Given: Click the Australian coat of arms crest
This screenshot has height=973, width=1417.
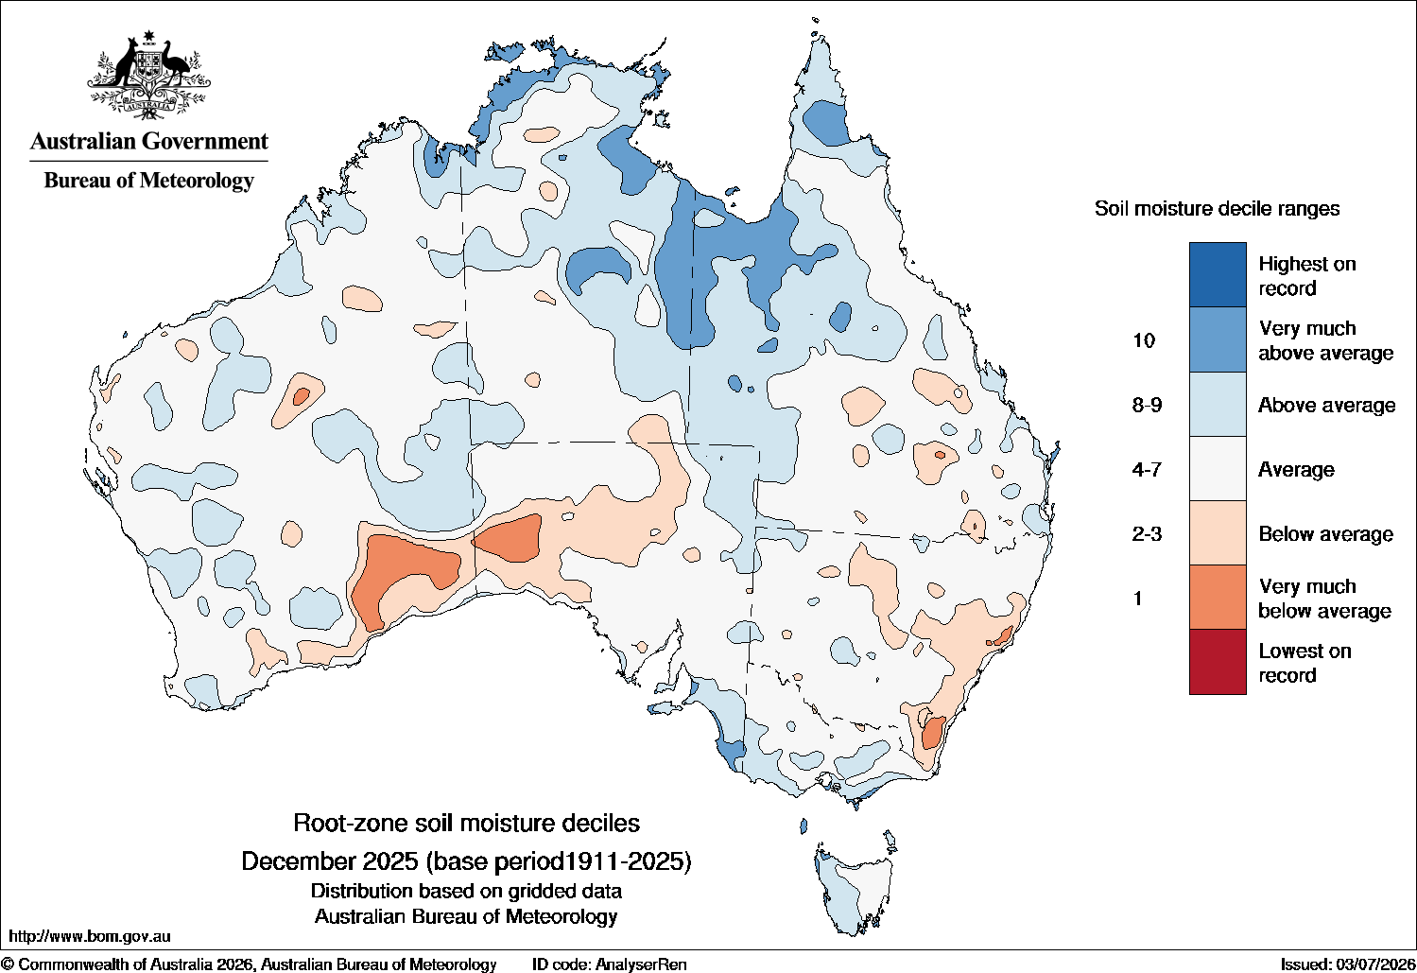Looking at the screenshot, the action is [149, 76].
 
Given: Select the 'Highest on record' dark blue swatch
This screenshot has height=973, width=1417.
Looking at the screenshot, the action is [1218, 274].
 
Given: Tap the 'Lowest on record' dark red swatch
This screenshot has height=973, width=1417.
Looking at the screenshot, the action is [1218, 662].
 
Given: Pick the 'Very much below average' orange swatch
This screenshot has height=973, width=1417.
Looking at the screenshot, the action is [1218, 598].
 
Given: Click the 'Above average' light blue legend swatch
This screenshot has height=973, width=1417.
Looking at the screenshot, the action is [1218, 404].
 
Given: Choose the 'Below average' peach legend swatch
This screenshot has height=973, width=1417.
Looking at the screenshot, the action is [1218, 532].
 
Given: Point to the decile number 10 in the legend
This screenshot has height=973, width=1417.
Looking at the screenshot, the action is [1143, 340].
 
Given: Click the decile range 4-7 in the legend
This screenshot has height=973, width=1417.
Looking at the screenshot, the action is [1147, 469].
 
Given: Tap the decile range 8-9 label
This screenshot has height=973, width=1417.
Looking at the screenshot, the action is [1147, 405].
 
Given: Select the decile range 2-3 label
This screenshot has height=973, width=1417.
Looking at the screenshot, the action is [1147, 534].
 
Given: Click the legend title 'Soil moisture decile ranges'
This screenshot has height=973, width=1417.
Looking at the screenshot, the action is [1217, 209].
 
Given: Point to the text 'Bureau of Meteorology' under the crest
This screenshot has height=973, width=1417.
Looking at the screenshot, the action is [148, 181].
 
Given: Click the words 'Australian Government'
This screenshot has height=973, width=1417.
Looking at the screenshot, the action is [149, 141].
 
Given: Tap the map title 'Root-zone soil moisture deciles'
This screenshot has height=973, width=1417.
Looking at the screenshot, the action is [466, 823].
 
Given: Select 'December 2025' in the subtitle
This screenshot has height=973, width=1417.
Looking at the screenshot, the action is [330, 861].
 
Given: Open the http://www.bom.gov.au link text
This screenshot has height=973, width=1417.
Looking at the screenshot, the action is [90, 936].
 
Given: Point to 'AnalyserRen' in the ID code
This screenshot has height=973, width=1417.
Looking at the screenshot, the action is [641, 964].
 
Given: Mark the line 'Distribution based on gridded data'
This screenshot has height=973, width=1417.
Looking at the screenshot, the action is [466, 891].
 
